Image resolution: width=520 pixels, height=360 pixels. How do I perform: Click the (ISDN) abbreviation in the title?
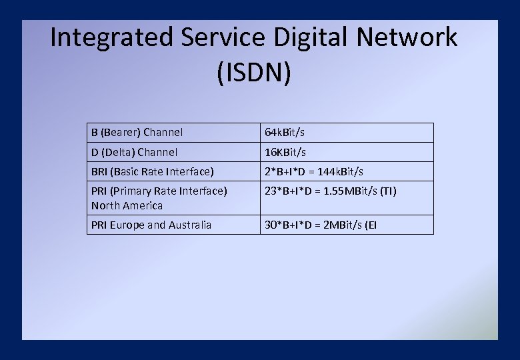pos(254,73)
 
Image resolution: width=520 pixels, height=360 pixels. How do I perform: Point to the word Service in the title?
pos(223,37)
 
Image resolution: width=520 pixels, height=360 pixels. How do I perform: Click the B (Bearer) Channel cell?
pos(137,133)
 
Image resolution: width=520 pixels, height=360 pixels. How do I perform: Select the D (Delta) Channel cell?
pos(135,152)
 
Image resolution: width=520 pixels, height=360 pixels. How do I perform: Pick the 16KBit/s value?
pos(285,152)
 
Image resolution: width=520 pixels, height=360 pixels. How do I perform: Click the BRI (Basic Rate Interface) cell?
pos(153,171)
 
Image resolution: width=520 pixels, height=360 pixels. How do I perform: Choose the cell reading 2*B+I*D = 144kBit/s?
pos(314,171)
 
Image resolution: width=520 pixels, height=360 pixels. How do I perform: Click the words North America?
pos(127,205)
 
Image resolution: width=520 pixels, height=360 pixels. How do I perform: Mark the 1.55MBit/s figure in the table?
pos(349,191)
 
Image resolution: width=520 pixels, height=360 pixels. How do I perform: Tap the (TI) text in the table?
pos(389,191)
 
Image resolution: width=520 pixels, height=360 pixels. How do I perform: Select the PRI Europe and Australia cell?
pos(151,225)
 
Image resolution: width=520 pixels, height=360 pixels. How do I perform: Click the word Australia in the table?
pos(189,225)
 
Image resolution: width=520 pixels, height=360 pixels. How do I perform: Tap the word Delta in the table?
pos(118,152)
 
